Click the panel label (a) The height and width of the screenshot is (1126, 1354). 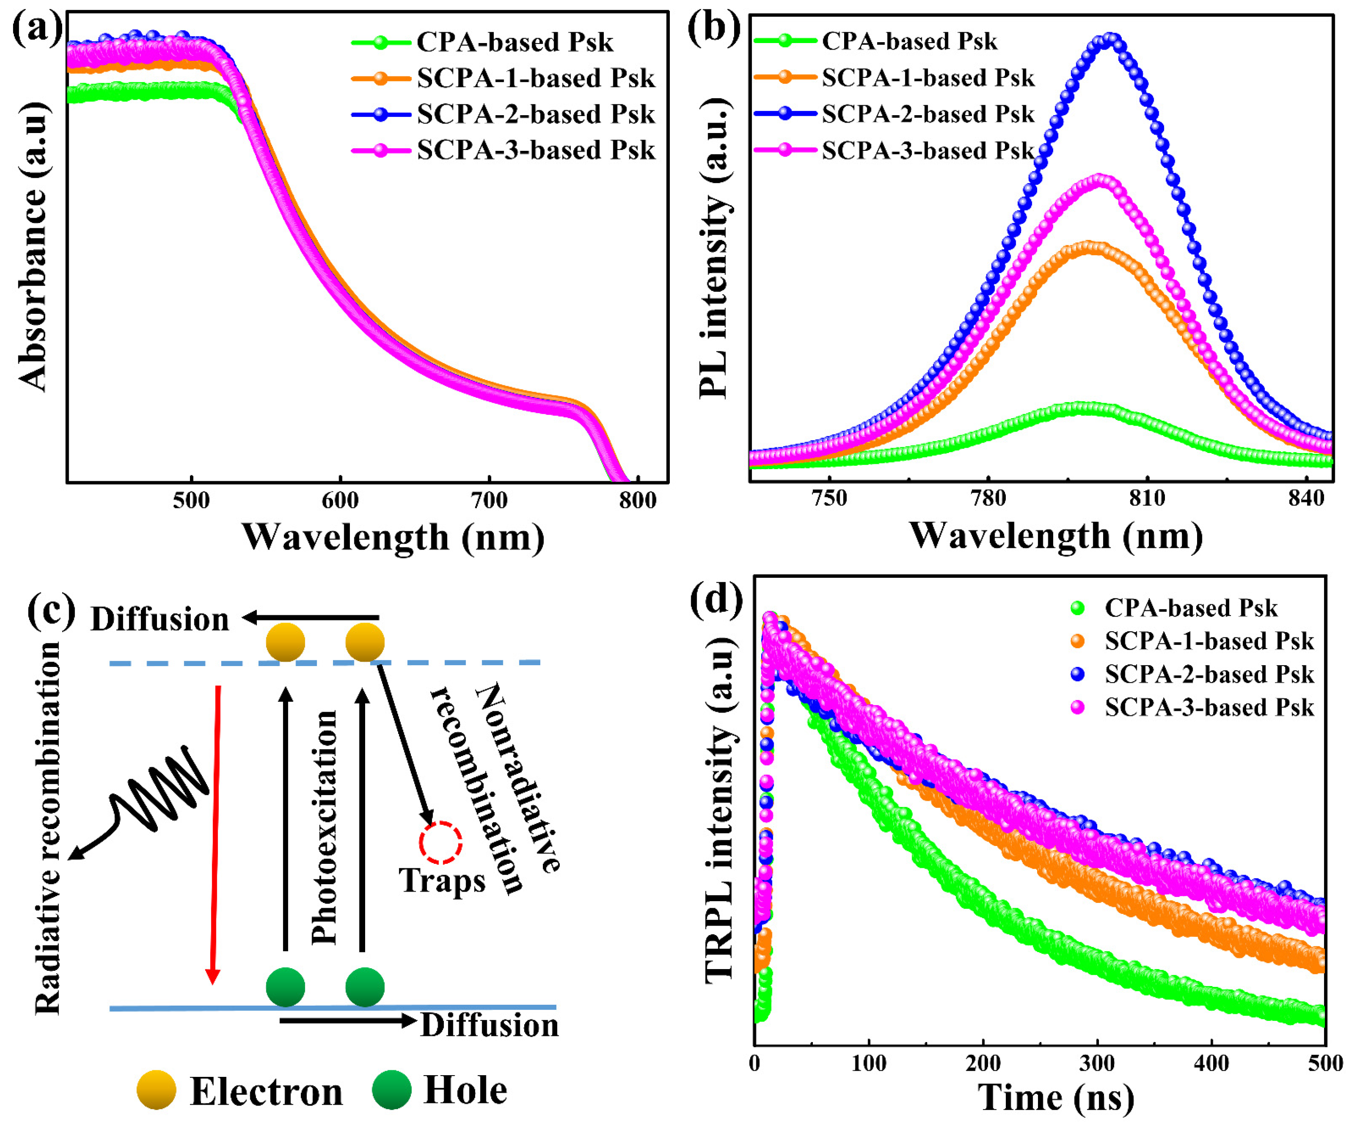click(37, 29)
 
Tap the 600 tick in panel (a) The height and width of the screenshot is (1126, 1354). click(340, 500)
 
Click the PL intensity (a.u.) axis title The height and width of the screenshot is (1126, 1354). click(715, 248)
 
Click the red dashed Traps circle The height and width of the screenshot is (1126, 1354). click(440, 842)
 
